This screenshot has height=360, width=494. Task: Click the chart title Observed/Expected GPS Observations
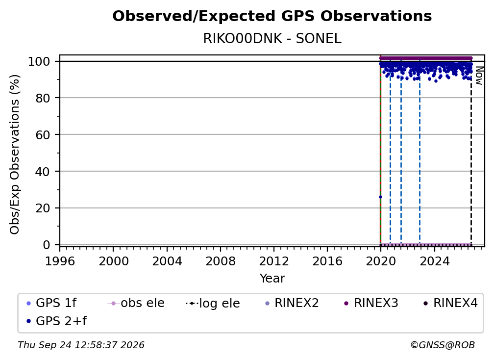[272, 16]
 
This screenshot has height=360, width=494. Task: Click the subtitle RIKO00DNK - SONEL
[272, 39]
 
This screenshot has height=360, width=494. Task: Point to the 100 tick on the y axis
[43, 61]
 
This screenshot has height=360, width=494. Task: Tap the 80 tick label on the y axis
[43, 98]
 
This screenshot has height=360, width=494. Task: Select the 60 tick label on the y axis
[43, 134]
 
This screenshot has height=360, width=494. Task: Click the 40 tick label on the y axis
[43, 172]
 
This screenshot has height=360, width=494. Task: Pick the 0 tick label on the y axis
[47, 245]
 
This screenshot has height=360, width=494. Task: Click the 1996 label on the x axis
[60, 261]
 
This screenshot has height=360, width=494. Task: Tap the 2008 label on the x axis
[220, 261]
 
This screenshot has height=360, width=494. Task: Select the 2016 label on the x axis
[327, 261]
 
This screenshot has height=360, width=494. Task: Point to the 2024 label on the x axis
[434, 261]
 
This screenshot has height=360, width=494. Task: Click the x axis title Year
[272, 279]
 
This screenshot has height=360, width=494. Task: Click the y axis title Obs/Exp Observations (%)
[15, 154]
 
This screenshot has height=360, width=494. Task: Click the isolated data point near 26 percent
[380, 197]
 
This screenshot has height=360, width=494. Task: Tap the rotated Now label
[479, 76]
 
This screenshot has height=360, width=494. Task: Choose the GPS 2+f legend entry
[57, 321]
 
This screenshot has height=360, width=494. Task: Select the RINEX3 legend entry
[371, 303]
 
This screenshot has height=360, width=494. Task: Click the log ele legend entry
[213, 303]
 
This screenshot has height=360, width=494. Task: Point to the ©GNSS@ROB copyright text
[443, 345]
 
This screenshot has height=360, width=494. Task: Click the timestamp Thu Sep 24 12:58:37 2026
[81, 345]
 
